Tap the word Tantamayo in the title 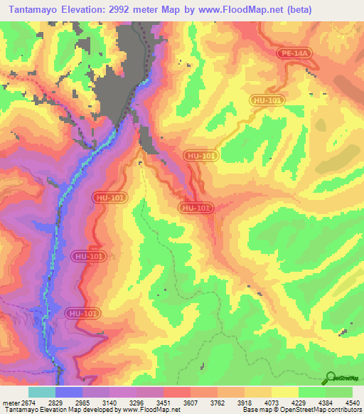pos(33,11)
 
